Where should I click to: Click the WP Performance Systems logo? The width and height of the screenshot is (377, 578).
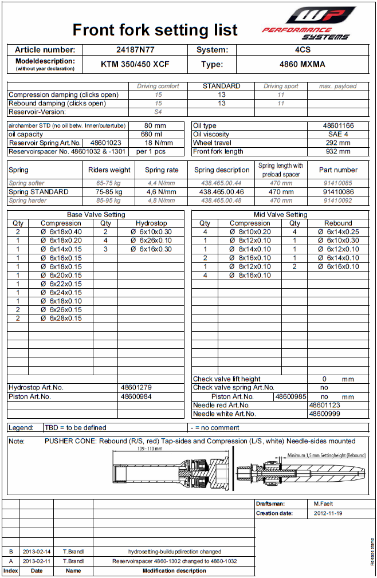[309, 23]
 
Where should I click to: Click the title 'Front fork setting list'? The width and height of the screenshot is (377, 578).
[155, 30]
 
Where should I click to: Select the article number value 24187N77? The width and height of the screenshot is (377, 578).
[136, 50]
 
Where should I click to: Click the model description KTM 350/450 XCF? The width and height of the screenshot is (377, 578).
[136, 64]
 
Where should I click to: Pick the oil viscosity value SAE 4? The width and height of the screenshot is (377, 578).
[336, 134]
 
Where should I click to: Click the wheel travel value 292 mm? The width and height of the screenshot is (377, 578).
[336, 143]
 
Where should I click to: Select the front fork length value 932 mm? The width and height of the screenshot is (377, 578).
[336, 152]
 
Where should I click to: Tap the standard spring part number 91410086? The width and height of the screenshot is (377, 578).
[338, 192]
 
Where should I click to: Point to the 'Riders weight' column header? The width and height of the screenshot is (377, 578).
[109, 170]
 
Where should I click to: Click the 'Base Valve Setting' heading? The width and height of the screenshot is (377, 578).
[96, 214]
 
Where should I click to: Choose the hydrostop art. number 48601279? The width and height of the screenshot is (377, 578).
[136, 388]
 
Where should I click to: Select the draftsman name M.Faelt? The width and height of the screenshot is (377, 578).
[324, 504]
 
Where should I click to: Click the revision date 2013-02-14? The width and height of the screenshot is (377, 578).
[37, 552]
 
